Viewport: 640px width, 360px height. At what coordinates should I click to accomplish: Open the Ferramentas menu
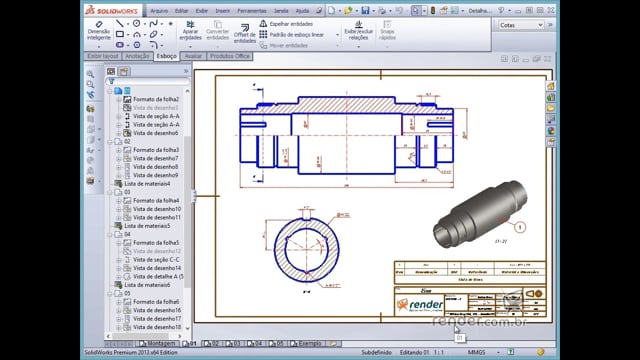251,9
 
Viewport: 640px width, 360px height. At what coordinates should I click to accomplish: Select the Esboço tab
166,56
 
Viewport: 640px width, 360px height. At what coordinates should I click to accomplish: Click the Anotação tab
136,56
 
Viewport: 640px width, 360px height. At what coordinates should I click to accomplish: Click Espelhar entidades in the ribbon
291,22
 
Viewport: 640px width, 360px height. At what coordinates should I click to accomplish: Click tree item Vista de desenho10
156,209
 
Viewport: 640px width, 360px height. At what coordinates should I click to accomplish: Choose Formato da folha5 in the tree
156,243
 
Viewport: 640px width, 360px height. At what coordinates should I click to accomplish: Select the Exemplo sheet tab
309,342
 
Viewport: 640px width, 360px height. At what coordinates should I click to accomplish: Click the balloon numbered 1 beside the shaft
520,227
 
